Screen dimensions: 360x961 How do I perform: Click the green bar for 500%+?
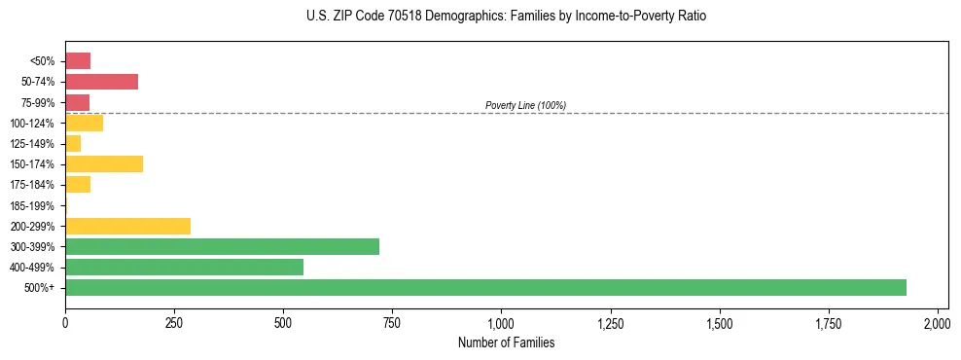[485, 287]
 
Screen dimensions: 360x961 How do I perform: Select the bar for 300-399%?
[222, 246]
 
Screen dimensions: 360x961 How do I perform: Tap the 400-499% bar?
[184, 267]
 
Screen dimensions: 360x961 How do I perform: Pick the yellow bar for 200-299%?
[127, 226]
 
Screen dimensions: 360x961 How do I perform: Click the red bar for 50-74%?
[101, 82]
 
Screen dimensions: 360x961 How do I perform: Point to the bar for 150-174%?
[104, 163]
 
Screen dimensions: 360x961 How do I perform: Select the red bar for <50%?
[78, 61]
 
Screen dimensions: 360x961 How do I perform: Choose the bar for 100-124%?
[84, 123]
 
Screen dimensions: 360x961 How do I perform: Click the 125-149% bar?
[73, 143]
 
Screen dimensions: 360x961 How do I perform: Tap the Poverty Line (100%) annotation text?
[525, 105]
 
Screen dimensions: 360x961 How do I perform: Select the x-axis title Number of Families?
[501, 342]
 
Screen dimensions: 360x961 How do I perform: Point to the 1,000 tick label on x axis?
[501, 322]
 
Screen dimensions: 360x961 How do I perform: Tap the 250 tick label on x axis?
[174, 322]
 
